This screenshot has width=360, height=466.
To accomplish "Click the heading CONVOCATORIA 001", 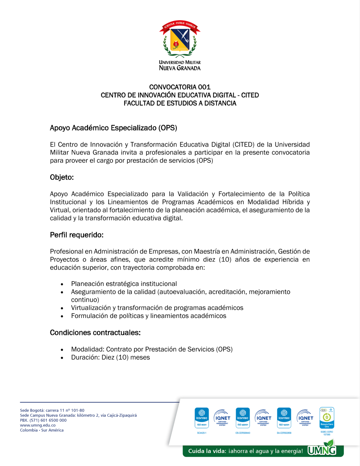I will (x=180, y=87).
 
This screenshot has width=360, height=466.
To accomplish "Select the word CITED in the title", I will (x=250, y=95).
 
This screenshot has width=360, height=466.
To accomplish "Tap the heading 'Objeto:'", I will (x=62, y=177).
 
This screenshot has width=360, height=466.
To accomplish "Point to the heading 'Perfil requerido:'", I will (x=77, y=235).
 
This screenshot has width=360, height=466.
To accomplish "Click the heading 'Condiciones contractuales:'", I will (x=95, y=332).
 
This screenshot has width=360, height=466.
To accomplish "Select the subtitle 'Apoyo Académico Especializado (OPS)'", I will (x=113, y=128).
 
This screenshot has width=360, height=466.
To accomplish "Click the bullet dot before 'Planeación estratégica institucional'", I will (x=62, y=284).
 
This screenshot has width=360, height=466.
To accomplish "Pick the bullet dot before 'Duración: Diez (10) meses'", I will (x=62, y=358).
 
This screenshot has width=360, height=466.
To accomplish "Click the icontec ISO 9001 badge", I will (x=202, y=418).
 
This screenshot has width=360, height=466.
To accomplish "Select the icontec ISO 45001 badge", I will (x=243, y=418).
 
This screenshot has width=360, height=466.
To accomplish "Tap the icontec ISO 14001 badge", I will (x=284, y=418).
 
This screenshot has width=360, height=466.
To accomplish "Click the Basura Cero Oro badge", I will (x=327, y=418).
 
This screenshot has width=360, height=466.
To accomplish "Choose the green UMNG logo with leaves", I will (x=322, y=449).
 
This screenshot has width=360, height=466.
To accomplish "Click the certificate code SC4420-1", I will (x=202, y=433).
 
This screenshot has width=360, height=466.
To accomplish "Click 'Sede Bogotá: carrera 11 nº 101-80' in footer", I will (x=52, y=410).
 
